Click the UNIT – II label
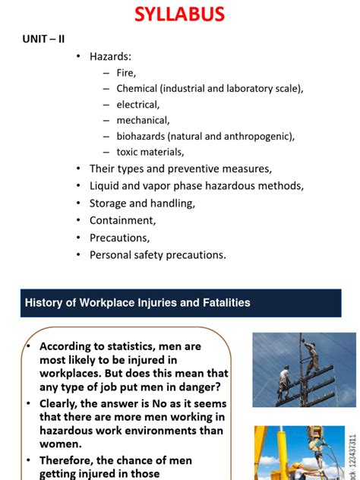[43, 39]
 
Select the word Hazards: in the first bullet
[111, 56]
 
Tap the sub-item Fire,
[126, 73]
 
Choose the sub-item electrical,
[138, 104]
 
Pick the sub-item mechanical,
[143, 120]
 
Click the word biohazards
[141, 136]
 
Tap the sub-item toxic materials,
[150, 152]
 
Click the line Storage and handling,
[142, 203]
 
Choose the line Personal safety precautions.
[157, 254]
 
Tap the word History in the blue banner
[43, 303]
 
